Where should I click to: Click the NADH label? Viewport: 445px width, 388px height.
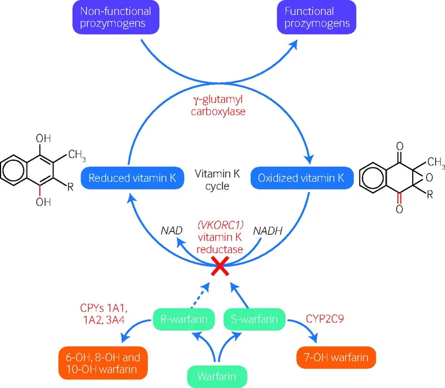point(266,230)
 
